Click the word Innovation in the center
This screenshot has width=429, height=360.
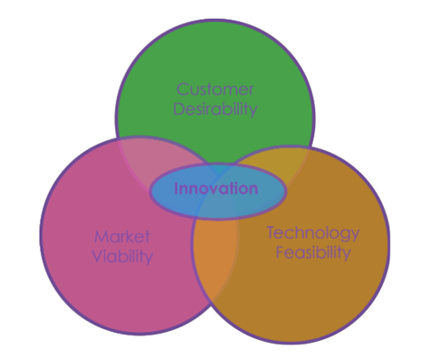point(216,189)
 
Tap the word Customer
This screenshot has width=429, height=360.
point(215,90)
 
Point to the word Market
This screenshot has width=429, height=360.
point(121,238)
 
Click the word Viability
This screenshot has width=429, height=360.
point(123,257)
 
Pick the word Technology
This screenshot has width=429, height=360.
point(312,233)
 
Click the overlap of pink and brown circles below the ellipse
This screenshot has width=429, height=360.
point(215,262)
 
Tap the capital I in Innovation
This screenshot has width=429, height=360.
point(176,189)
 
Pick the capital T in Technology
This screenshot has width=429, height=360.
point(271,232)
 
